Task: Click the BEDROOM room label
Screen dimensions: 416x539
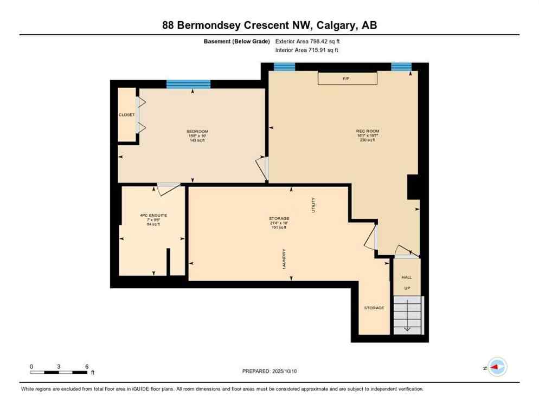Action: [x=197, y=132]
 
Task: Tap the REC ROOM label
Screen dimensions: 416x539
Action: [x=367, y=131]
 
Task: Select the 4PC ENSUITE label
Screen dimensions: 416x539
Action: [x=153, y=215]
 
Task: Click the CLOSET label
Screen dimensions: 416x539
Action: [x=127, y=115]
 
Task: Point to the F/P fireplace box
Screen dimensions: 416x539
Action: [x=347, y=79]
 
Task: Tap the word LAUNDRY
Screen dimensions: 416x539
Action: [x=284, y=259]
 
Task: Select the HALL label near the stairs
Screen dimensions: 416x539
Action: [x=407, y=277]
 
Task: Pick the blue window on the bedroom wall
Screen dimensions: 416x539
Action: [x=188, y=84]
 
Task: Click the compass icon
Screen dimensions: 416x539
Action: [x=497, y=367]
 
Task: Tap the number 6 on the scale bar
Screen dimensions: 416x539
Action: [x=87, y=366]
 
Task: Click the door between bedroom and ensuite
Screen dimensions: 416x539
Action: [x=168, y=187]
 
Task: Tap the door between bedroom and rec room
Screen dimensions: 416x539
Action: [x=264, y=168]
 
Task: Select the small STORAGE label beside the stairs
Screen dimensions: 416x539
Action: [x=374, y=308]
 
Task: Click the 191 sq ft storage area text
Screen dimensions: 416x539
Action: [x=279, y=227]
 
